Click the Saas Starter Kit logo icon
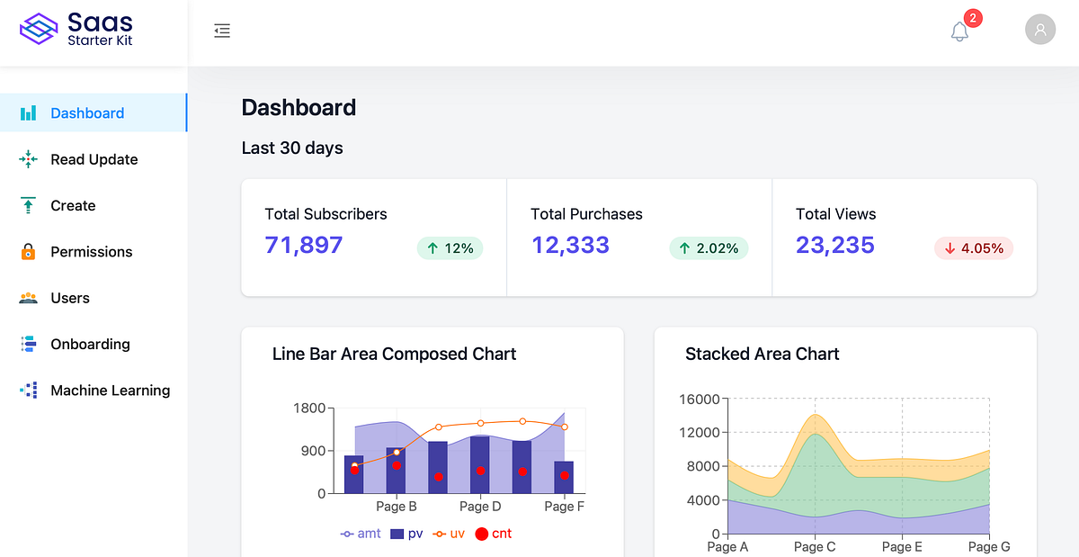coord(39,29)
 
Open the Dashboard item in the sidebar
coord(87,113)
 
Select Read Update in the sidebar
coord(94,159)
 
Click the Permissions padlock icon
coord(29,252)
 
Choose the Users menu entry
coord(70,298)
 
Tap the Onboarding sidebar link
coord(90,344)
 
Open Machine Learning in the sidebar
coord(110,391)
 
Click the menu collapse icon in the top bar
coord(222,31)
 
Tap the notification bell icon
coord(959,31)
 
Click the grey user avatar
coord(1040,30)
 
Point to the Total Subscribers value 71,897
coord(304,245)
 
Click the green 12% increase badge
coord(450,248)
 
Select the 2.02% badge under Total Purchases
coord(709,248)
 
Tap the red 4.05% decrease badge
coord(974,248)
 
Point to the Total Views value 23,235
coord(834,245)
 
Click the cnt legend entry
coord(493,534)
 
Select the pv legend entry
coord(406,534)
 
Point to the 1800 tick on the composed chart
coord(309,409)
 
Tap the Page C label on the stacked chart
coord(815,547)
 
